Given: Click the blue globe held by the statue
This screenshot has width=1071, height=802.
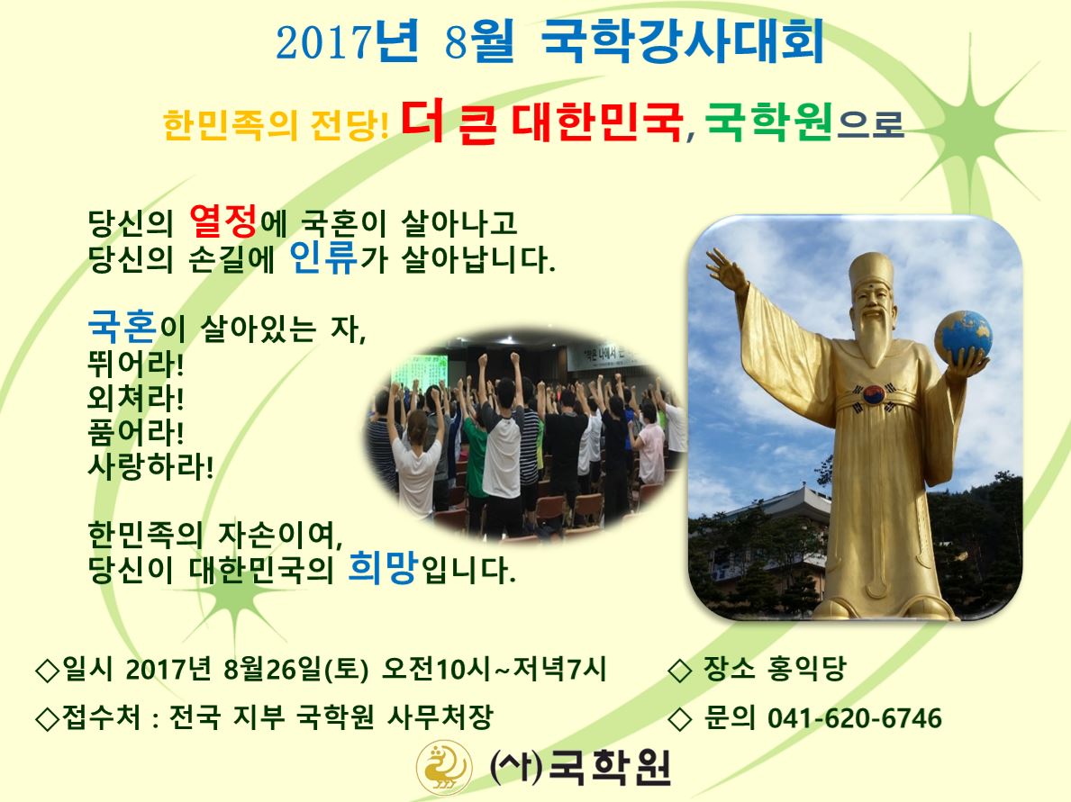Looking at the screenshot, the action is [963, 337].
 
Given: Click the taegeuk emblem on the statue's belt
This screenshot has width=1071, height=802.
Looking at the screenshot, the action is [874, 394].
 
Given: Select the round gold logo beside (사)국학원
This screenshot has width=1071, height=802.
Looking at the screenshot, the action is [444, 767].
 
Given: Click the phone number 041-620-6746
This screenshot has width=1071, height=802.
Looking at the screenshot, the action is [855, 718].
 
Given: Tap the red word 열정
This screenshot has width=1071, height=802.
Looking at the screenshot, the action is [222, 221].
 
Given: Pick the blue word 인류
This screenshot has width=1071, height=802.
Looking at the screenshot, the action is [323, 257].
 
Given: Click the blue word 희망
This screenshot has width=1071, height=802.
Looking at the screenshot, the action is [383, 567].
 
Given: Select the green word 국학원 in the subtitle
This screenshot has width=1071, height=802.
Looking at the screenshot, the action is [769, 122].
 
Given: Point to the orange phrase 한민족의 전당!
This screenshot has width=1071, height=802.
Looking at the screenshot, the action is [276, 125].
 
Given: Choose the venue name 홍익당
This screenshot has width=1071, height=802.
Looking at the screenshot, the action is [806, 668].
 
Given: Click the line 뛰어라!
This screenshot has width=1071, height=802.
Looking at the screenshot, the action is [135, 364].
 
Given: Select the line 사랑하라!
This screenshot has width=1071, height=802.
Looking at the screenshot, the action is [150, 466].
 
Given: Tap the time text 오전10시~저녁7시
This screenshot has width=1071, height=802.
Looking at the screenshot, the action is [494, 669].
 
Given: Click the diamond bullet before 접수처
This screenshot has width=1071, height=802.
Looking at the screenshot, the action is [47, 718].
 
